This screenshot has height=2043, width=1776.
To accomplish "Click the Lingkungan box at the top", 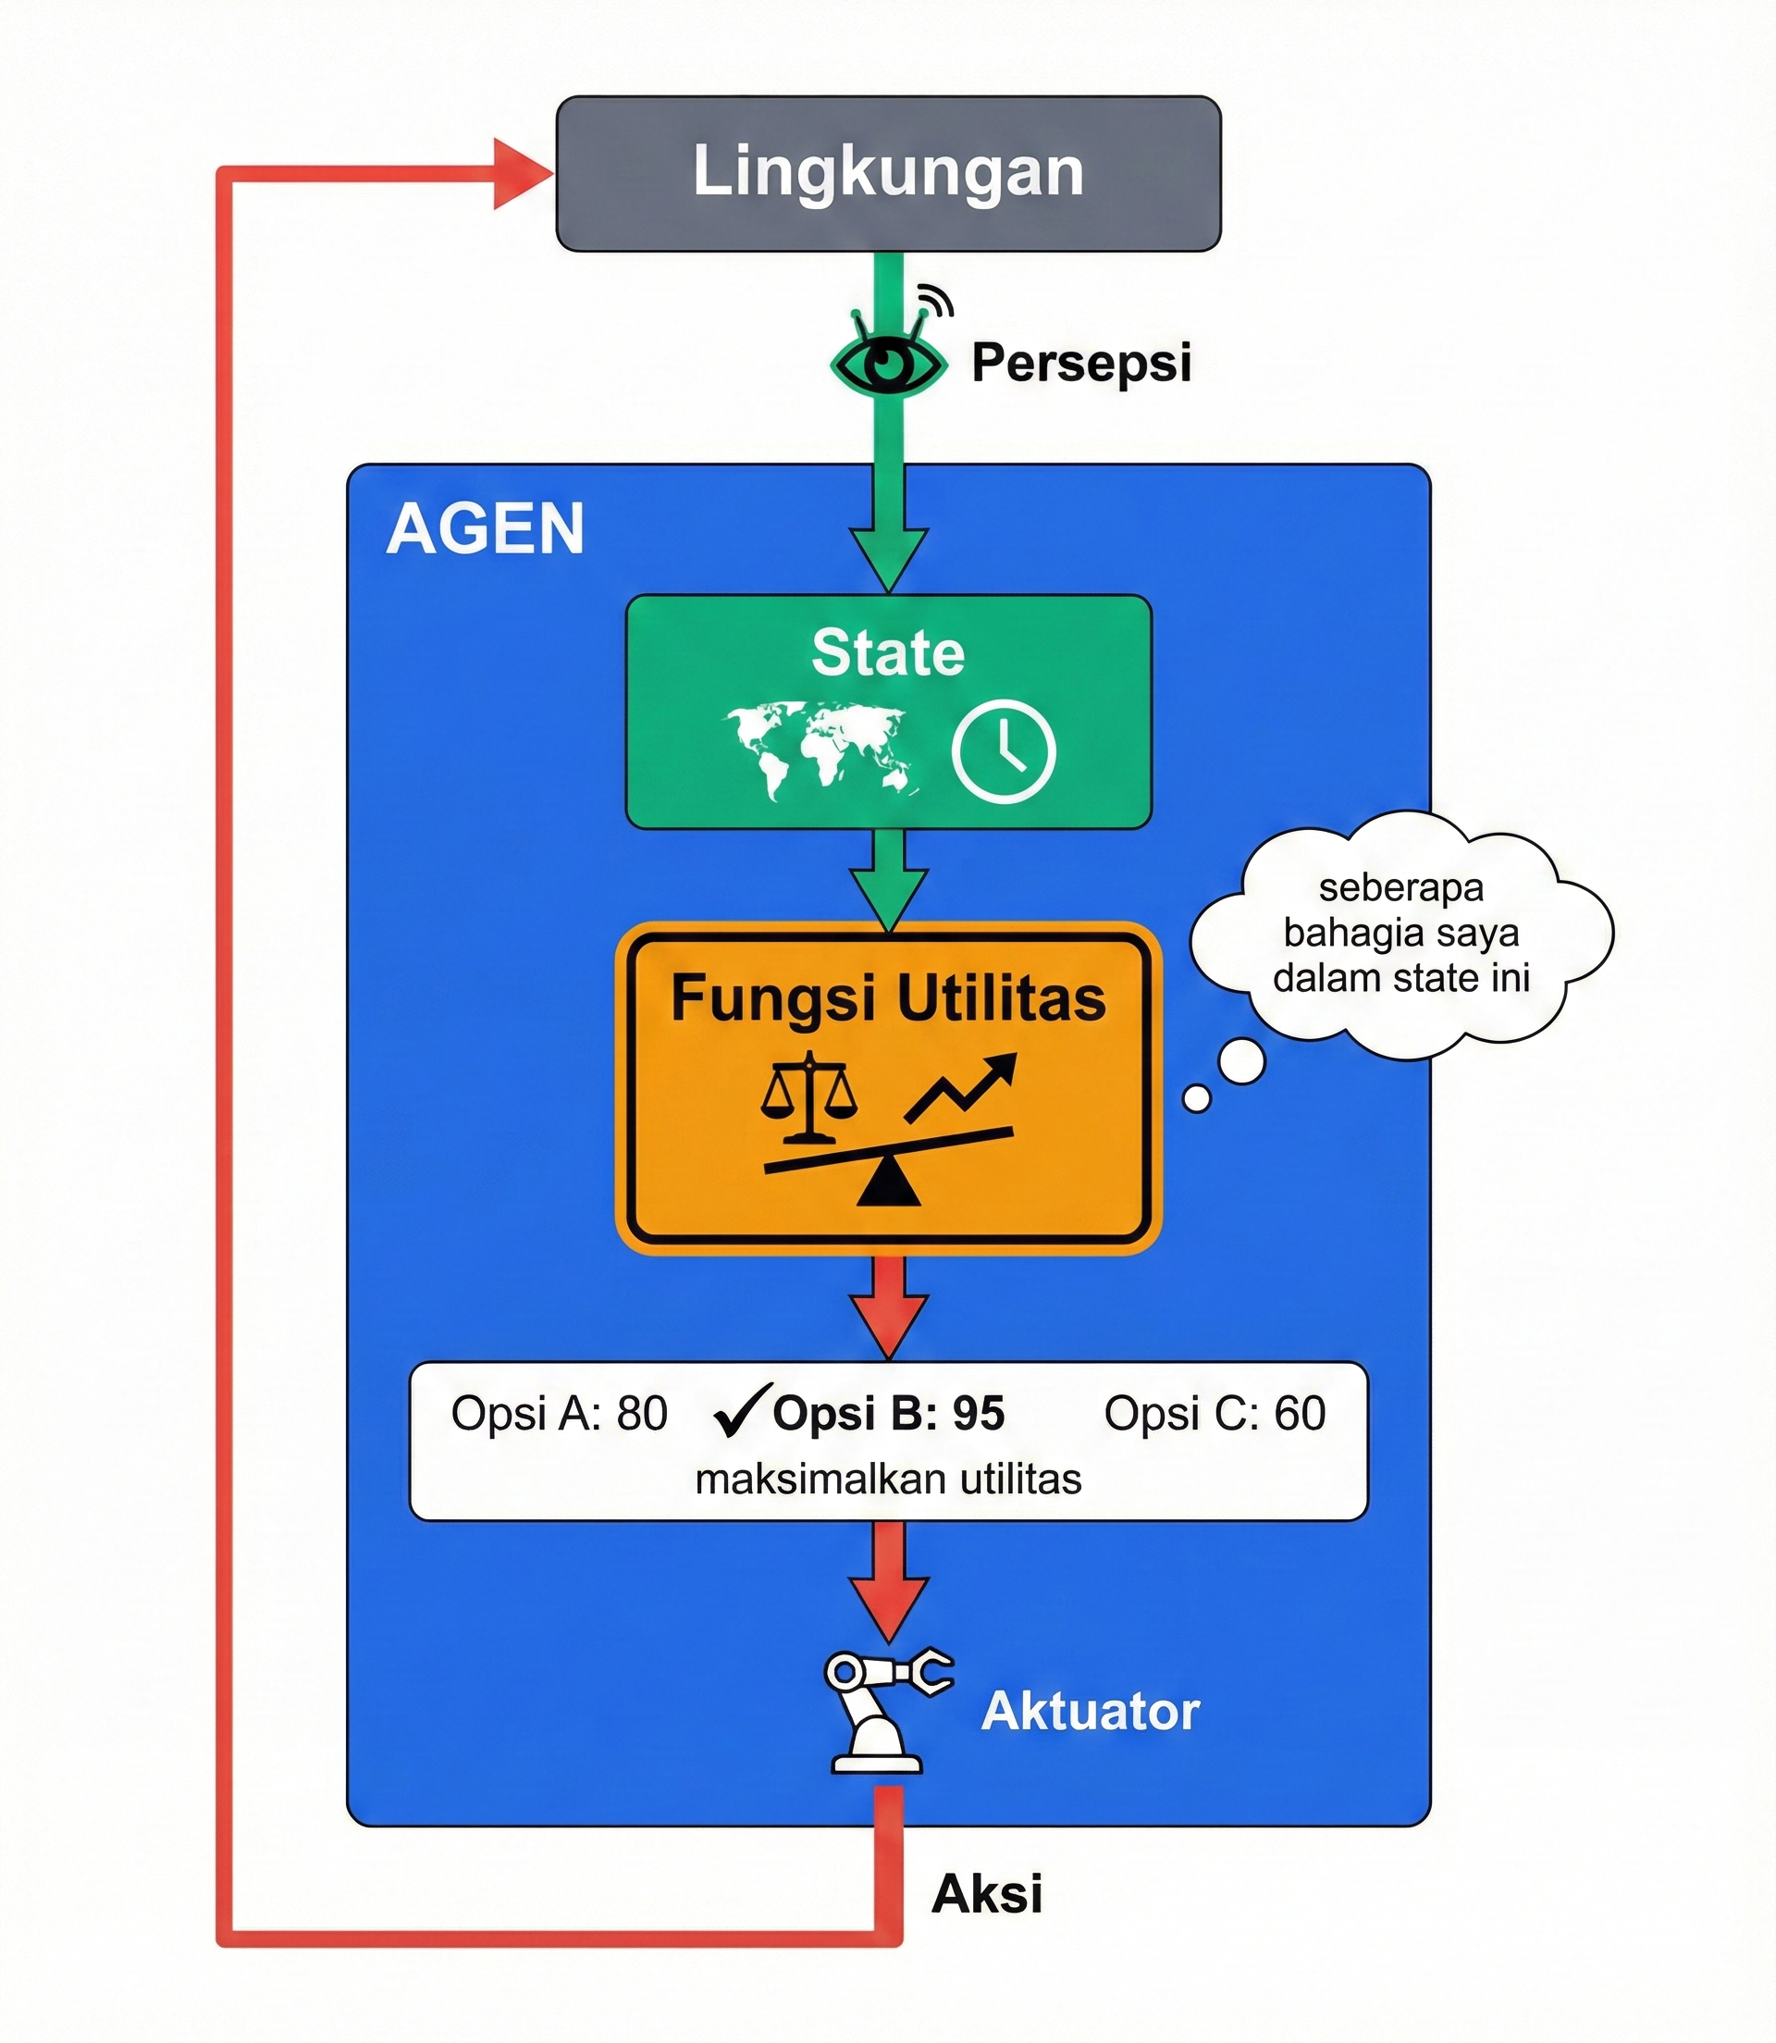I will [888, 172].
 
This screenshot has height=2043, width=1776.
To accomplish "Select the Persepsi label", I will [1080, 363].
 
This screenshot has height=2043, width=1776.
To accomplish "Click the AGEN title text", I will [485, 529].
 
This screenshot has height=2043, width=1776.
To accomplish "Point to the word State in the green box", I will [888, 653].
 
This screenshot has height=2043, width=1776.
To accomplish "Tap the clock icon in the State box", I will [1003, 751].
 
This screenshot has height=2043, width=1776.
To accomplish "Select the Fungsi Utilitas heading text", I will [888, 999].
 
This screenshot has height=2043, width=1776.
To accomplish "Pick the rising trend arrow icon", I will [961, 1087].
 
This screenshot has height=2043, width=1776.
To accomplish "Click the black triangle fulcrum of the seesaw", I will [888, 1185].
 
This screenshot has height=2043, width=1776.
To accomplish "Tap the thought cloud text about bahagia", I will [1400, 933].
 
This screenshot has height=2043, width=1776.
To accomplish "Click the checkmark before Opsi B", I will [741, 1412].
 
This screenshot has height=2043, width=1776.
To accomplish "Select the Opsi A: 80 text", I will [559, 1414].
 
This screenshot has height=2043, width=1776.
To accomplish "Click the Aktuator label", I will [1091, 1712].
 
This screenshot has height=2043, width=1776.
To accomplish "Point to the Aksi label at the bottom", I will [987, 1894].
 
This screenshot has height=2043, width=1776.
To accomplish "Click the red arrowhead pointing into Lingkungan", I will [522, 175].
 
